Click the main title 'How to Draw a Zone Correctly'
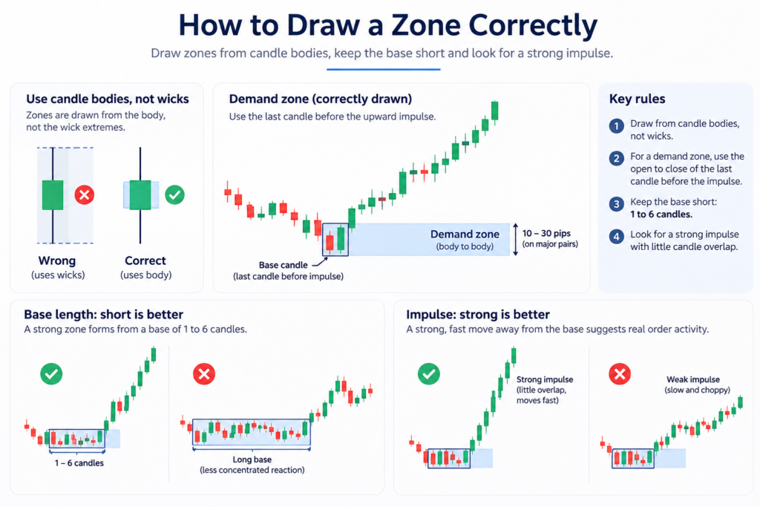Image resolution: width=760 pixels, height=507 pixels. (x=387, y=25)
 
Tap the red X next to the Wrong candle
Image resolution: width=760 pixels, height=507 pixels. (x=85, y=194)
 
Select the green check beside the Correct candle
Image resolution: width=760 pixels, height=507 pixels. (x=174, y=194)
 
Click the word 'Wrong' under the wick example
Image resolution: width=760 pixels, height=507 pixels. (x=57, y=261)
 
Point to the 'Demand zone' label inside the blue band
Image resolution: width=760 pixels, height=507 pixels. (x=465, y=234)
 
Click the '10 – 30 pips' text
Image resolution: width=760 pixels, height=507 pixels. (x=546, y=233)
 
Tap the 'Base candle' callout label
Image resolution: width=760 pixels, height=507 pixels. (x=283, y=265)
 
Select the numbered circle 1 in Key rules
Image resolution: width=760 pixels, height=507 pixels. (x=617, y=126)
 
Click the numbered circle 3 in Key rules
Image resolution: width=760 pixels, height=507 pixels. (x=617, y=203)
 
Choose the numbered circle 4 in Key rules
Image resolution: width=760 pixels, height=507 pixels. (x=617, y=237)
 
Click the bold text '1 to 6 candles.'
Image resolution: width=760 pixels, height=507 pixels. (x=661, y=215)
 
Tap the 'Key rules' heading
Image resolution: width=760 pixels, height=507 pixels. (x=637, y=99)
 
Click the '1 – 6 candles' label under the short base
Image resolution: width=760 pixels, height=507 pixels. (x=79, y=463)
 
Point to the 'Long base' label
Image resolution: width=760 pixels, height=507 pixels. (x=252, y=459)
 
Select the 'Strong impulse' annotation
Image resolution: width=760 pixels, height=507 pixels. (x=545, y=379)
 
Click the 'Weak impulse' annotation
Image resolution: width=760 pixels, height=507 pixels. (x=693, y=379)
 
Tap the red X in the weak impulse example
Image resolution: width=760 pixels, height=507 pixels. (x=620, y=374)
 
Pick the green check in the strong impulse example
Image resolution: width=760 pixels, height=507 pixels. (x=429, y=374)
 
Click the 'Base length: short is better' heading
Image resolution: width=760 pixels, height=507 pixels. (x=104, y=315)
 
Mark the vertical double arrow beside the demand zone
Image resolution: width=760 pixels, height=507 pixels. (x=516, y=240)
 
